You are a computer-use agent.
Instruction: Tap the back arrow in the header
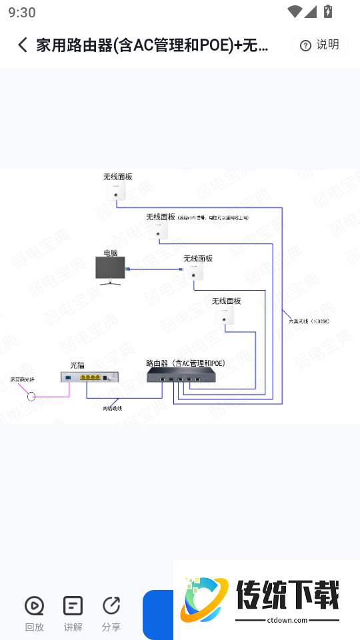[23, 45]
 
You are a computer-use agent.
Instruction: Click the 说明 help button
[319, 45]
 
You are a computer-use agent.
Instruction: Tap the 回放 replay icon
[34, 606]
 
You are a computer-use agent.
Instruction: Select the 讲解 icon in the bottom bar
[73, 606]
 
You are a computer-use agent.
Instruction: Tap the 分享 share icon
[111, 606]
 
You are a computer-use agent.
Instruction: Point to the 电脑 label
[110, 253]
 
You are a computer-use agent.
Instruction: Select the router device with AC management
[182, 375]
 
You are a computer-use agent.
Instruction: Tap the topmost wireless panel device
[116, 191]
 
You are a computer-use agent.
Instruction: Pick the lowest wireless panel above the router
[225, 315]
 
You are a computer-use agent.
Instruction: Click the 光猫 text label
[77, 365]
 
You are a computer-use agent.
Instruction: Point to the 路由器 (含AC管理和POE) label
[185, 363]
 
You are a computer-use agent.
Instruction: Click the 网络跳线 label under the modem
[112, 408]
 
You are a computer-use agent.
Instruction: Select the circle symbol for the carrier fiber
[31, 397]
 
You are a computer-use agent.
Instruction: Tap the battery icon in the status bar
[327, 11]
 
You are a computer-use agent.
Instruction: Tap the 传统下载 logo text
[287, 594]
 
